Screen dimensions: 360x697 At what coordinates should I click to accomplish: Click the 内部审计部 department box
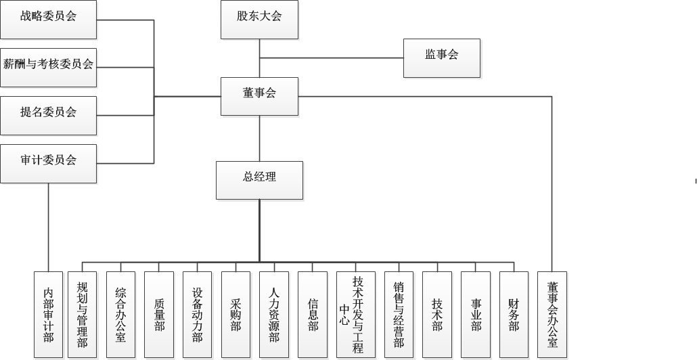49,314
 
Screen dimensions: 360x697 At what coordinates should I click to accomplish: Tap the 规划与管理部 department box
83,314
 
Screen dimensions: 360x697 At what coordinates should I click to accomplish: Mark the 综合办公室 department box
120,314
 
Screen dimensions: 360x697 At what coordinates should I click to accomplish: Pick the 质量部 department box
159,314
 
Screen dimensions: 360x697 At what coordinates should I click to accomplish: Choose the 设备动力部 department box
198,314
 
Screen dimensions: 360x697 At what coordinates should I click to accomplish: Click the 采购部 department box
235,314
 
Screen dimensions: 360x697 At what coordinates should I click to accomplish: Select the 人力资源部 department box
274,314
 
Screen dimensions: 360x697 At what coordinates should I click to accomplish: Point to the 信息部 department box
313,314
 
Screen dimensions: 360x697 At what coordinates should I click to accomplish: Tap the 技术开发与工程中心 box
355,314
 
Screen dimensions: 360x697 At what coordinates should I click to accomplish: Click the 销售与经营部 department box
399,314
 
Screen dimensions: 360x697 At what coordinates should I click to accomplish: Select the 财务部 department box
514,314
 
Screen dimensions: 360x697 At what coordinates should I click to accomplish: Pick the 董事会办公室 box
552,314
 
